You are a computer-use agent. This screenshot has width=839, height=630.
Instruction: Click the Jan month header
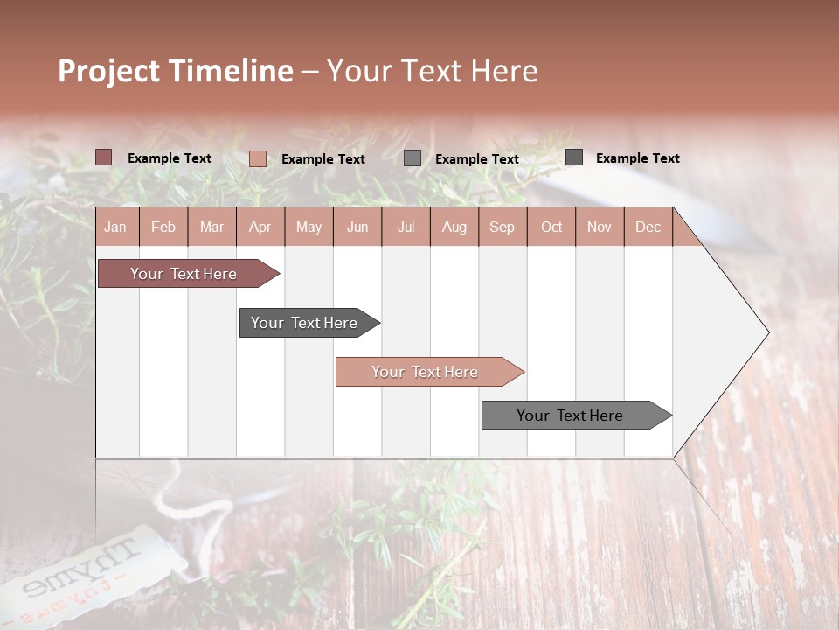116,227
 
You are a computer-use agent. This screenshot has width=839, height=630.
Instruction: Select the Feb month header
163,227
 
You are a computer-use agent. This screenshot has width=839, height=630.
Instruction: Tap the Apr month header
260,227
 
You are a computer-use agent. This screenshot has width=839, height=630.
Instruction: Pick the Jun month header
357,227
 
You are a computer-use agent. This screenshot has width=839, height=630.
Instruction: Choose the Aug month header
454,227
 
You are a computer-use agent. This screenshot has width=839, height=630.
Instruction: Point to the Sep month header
503,227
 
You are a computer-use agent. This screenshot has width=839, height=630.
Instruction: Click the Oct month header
551,227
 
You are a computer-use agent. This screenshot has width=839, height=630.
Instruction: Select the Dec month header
648,227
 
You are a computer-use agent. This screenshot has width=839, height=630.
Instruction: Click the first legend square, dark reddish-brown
104,157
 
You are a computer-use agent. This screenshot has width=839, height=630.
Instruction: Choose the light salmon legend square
258,158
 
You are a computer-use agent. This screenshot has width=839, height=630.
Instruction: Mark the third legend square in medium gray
413,158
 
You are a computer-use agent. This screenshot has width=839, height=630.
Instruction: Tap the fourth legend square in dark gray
574,157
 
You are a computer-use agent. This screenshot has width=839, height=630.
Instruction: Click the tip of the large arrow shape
766,332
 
